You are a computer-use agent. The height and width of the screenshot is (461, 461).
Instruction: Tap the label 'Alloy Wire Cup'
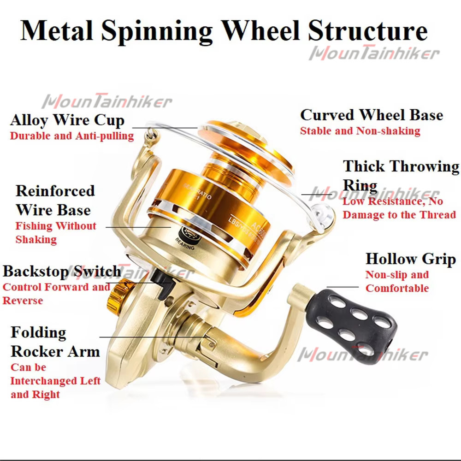point(67,120)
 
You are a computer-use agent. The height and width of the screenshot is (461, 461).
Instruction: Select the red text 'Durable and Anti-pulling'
point(72,136)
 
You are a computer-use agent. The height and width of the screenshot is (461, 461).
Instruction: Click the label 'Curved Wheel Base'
point(372,115)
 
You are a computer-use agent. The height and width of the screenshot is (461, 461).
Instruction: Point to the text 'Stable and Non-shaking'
point(360,131)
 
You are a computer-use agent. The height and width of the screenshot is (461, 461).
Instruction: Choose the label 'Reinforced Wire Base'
point(55,200)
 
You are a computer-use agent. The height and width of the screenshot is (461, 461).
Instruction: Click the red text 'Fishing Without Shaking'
point(55,233)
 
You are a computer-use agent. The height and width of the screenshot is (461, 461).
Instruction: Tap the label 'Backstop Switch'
point(62,271)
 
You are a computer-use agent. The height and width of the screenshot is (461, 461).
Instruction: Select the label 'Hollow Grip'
point(410,259)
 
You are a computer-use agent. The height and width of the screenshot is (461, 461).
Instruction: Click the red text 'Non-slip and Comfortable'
point(397,282)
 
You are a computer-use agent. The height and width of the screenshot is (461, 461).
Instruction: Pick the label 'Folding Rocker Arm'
point(55,342)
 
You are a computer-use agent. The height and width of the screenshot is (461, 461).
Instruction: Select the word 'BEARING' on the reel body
point(185,245)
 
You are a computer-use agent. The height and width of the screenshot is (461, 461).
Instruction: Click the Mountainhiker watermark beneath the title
point(374,53)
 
